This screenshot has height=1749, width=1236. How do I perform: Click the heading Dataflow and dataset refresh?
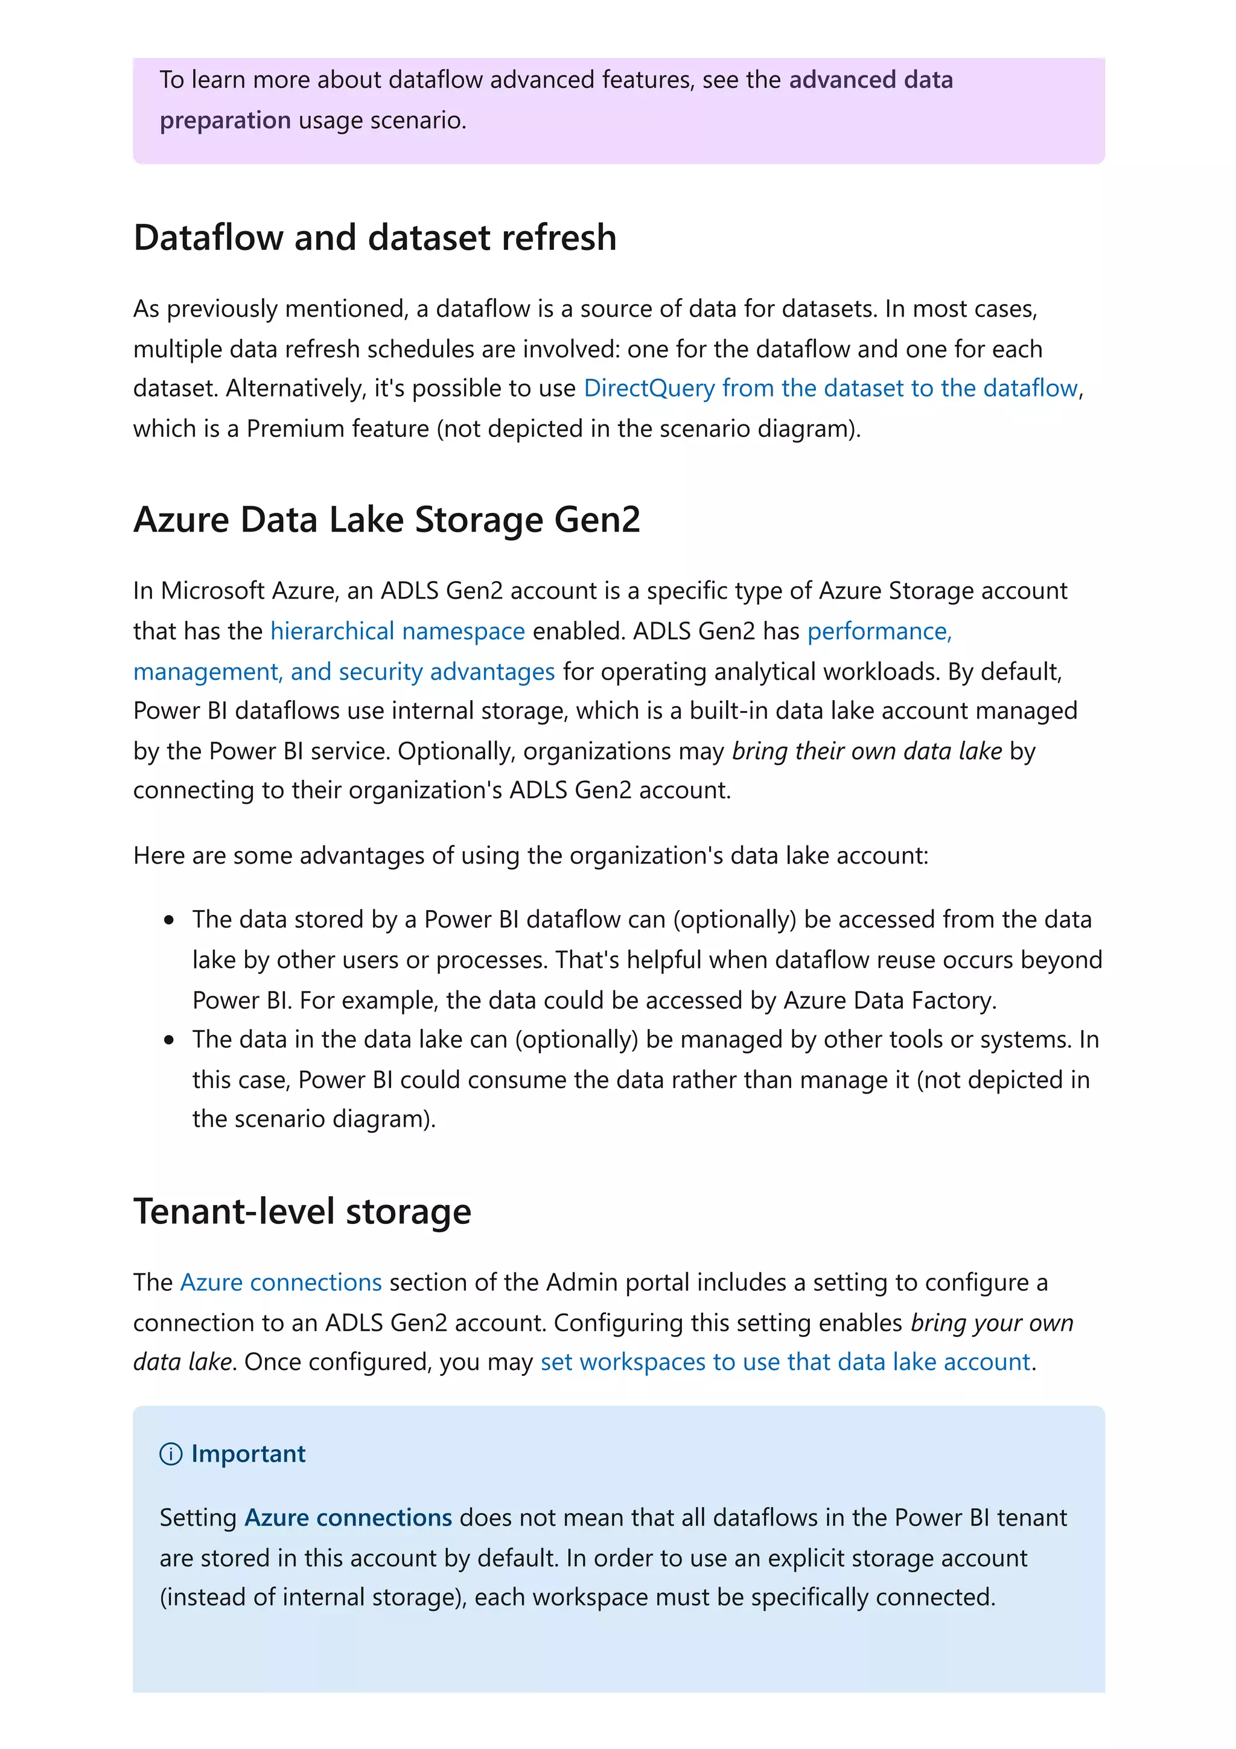tap(374, 238)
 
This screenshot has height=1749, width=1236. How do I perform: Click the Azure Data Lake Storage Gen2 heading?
tap(386, 520)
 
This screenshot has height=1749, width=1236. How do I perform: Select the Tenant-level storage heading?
tap(302, 1211)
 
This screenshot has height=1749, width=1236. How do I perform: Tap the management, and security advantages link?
tap(343, 672)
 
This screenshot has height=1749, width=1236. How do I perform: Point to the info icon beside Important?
tap(171, 1454)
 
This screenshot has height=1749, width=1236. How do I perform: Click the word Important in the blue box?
tap(248, 1454)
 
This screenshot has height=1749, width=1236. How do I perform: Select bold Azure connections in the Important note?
tap(348, 1518)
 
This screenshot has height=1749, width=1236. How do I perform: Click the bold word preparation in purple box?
tap(225, 120)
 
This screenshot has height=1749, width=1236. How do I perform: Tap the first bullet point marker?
tap(169, 921)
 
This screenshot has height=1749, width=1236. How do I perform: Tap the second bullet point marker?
tap(169, 1040)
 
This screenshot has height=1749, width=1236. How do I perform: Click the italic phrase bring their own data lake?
tap(866, 751)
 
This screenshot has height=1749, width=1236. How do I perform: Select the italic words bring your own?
tap(991, 1323)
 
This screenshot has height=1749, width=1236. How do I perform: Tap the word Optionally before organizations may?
tap(456, 751)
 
